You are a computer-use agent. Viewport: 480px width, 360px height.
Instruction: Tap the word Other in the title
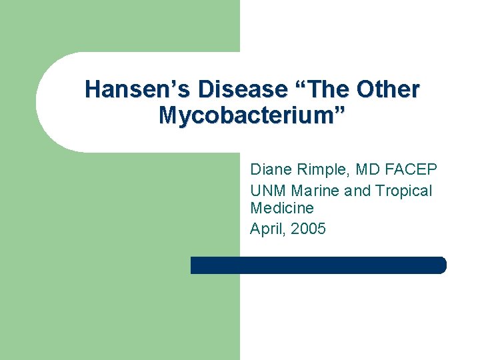(x=388, y=90)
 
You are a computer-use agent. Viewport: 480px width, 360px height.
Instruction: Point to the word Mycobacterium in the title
(x=245, y=115)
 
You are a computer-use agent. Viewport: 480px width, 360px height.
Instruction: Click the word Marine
(x=316, y=191)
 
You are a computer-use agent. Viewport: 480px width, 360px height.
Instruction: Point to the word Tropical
(x=403, y=191)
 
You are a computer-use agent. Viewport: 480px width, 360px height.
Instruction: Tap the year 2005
(x=309, y=229)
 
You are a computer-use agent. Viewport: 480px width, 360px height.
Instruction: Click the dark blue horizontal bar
(x=318, y=265)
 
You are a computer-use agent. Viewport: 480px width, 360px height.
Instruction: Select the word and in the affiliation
(x=358, y=191)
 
